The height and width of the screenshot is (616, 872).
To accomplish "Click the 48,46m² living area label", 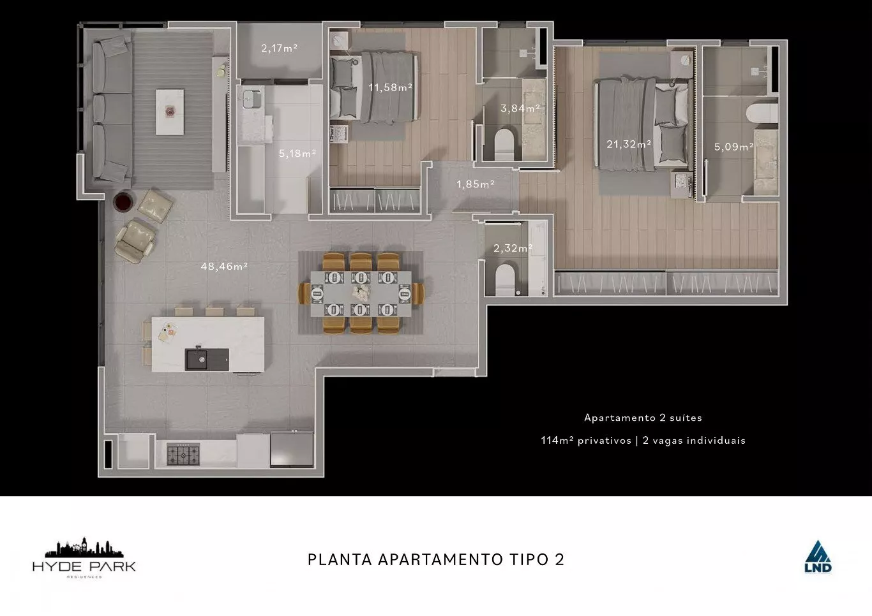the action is [224, 267].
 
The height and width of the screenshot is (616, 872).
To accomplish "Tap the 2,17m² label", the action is [279, 48].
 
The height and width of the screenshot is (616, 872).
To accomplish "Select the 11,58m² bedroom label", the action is [391, 87].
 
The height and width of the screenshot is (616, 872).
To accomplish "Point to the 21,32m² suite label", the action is [629, 144].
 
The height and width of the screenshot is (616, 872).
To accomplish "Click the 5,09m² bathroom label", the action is [734, 147].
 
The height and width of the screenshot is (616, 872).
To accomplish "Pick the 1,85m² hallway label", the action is [476, 184].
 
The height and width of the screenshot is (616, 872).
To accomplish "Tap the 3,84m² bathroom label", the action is [520, 108].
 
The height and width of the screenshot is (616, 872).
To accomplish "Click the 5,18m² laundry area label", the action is [297, 154].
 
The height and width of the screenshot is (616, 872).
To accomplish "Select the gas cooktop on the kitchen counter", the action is [183, 454].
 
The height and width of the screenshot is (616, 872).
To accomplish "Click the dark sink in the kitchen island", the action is [207, 360].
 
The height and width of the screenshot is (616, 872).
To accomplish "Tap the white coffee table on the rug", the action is [170, 112].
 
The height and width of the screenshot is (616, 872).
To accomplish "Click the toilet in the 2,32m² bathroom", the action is [504, 279].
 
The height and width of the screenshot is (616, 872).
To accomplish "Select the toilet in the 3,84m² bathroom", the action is [504, 143].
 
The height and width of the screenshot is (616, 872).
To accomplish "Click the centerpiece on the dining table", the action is [361, 293].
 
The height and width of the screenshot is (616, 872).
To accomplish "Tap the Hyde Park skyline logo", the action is [84, 558].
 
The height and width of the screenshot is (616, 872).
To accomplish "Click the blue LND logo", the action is [818, 557].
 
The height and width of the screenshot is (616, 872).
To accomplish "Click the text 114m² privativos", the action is [586, 440].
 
